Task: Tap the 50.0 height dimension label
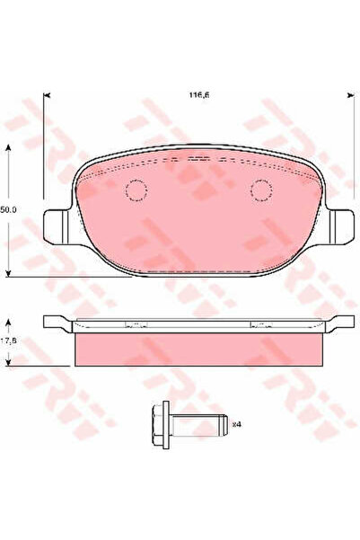coord(8,208)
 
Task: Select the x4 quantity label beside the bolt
coord(211,423)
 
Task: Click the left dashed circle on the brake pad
coord(136,190)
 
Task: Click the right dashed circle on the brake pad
coord(261,190)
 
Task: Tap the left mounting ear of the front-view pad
coord(57,221)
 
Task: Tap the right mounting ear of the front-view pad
coord(338,221)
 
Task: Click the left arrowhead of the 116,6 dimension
coord(47,93)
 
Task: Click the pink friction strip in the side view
coord(198,348)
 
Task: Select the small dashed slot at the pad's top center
coord(198,159)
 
